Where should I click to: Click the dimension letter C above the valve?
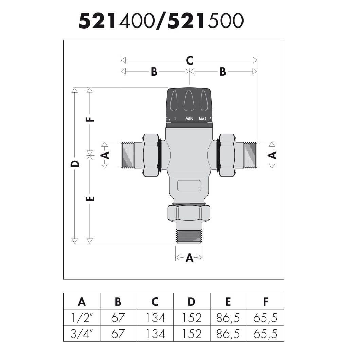[x=190, y=60]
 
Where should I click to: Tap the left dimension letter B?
[x=154, y=72]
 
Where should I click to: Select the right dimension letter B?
[x=223, y=72]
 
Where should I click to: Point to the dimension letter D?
[x=75, y=164]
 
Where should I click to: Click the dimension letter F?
[x=90, y=119]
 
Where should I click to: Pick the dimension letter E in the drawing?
[x=90, y=198]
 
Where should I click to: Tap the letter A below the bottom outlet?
[x=190, y=258]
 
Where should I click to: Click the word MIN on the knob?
[x=190, y=119]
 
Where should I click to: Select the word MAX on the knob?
[x=202, y=119]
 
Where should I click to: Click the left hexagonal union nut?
[x=150, y=155]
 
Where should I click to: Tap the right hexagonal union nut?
[x=228, y=155]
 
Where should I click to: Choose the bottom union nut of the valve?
[x=189, y=213]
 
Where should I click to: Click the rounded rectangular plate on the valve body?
[x=189, y=185]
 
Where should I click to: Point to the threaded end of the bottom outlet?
[x=189, y=236]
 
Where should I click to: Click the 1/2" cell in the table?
[x=82, y=318]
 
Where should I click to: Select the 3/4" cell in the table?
[x=82, y=334]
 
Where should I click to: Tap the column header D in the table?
[x=191, y=302]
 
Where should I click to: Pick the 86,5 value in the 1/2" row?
[x=228, y=318]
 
